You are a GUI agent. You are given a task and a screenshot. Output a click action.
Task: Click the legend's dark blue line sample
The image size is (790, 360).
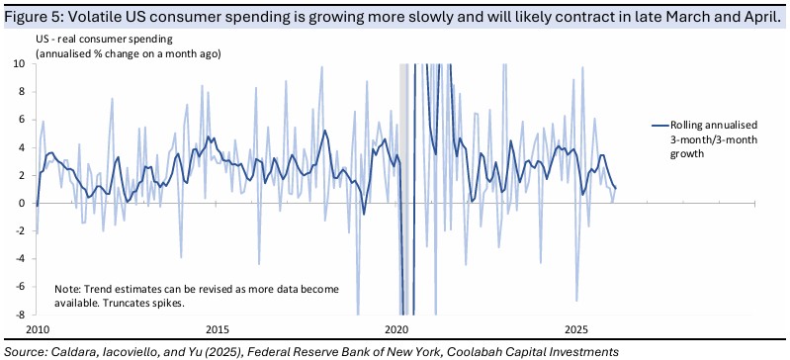coord(659,125)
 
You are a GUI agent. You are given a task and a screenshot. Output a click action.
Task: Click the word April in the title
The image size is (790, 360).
coord(766,18)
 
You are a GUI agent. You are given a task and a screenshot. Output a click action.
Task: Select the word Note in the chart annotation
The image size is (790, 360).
coord(63,290)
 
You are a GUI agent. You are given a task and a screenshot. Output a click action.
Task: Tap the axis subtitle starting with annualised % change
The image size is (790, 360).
coord(128,54)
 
